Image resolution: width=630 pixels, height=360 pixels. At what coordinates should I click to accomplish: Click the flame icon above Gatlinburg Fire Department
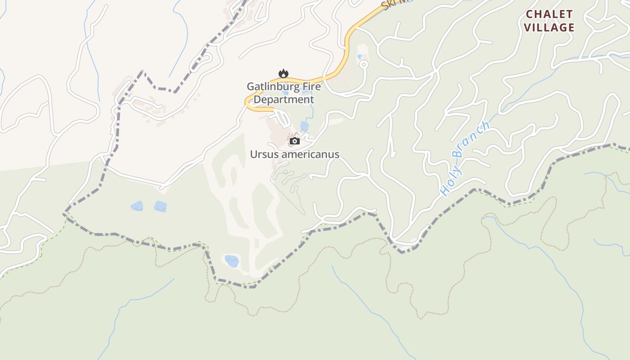[283, 73]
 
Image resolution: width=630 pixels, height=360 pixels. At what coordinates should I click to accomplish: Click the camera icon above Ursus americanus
[294, 141]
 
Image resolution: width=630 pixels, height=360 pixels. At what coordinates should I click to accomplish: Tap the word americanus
[310, 154]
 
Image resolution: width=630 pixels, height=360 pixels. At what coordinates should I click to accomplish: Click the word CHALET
[549, 14]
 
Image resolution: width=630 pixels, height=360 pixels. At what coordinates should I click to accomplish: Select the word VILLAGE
[549, 27]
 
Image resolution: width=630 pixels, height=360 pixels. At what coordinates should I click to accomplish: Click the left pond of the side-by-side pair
[137, 206]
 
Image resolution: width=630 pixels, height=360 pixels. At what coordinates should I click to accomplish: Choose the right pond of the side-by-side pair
[160, 207]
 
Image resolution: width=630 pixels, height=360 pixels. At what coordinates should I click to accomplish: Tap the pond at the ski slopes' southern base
[232, 261]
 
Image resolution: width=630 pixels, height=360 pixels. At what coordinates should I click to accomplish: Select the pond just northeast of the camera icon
[305, 126]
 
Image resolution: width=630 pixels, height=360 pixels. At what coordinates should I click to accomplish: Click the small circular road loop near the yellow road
[364, 64]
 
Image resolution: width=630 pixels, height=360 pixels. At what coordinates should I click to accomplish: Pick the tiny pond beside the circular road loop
[359, 57]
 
